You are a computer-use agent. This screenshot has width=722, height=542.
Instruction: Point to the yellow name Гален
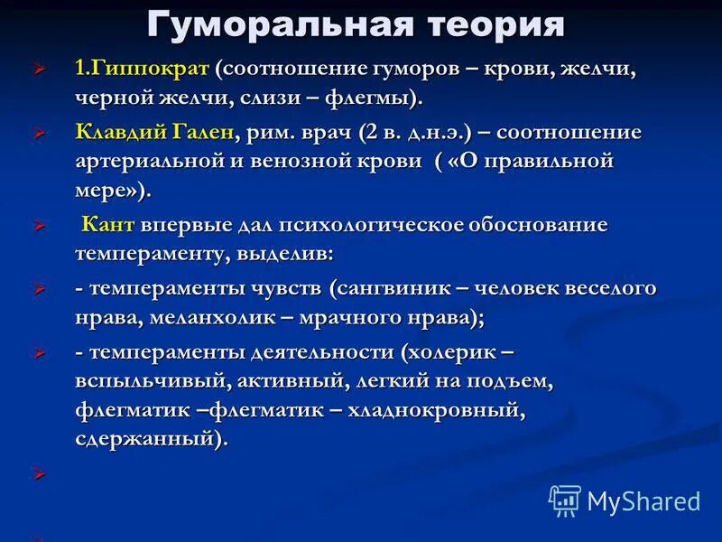(x=199, y=132)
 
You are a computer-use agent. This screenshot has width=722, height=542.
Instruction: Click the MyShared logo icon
(x=565, y=500)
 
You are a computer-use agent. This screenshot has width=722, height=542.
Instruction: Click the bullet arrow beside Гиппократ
(x=38, y=70)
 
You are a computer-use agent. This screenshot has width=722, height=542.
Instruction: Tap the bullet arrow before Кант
(x=38, y=226)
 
